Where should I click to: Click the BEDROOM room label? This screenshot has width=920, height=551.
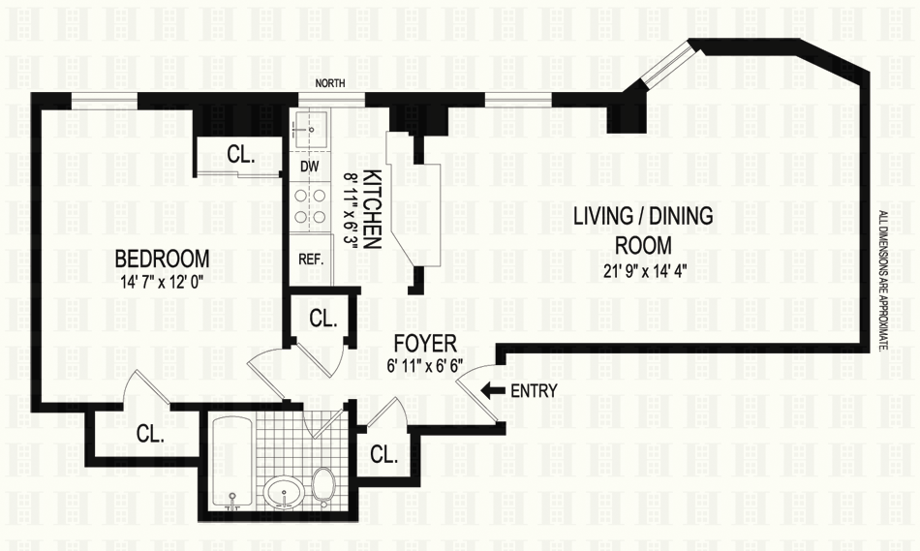point(162,259)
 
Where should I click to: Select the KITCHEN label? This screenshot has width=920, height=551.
point(373,209)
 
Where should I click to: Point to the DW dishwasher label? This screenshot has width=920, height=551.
point(310,167)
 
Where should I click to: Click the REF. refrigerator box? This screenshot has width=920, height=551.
point(311,260)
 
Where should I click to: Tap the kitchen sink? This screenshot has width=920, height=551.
point(310,124)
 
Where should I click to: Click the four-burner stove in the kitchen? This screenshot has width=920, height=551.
point(310,205)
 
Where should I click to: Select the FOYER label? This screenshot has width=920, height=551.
point(425,343)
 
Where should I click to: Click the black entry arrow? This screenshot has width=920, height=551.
point(492,389)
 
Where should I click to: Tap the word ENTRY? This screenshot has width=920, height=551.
point(534,391)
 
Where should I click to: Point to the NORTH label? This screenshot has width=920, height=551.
point(330,83)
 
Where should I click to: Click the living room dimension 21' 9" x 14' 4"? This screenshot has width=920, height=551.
point(643,271)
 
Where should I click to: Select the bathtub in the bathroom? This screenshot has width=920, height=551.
point(231,463)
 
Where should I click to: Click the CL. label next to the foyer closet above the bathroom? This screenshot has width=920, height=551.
point(323,319)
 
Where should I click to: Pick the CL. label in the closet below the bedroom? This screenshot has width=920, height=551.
point(150,434)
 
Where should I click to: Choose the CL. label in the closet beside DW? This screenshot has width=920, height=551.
point(241,154)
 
